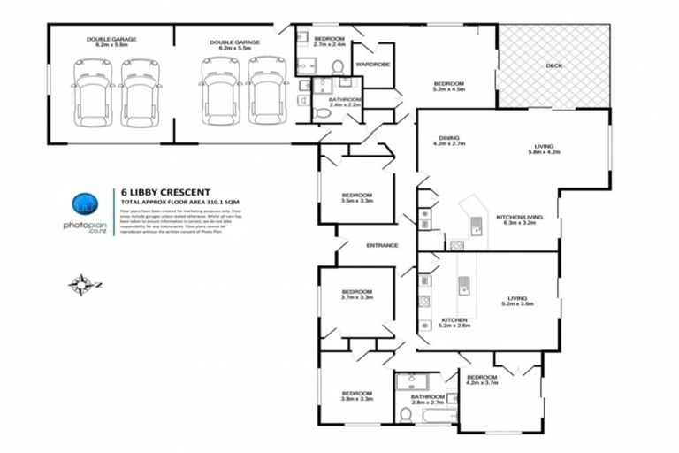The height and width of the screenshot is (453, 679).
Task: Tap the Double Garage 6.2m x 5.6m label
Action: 111,42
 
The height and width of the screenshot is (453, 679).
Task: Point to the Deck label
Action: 553,65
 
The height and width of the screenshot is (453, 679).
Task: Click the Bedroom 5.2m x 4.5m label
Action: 448,87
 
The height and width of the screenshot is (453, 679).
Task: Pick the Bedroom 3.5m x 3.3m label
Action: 357,197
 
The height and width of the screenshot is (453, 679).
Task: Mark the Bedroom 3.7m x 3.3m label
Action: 357,295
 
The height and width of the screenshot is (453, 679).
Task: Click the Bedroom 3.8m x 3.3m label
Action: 357,395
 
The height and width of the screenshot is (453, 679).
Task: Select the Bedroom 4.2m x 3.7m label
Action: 483,382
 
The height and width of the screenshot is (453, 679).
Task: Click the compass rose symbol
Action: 81,284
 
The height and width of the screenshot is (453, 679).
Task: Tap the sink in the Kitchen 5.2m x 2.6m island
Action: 462,285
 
